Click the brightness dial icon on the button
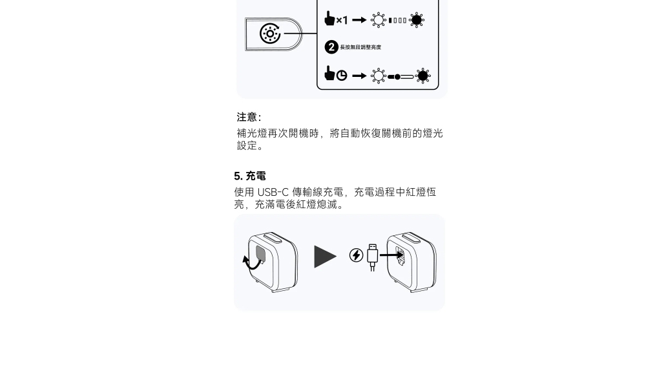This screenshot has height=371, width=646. coord(270,34)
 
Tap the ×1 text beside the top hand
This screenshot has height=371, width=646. coord(342,20)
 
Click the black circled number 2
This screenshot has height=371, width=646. coord(331,47)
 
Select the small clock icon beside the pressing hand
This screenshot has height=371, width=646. coord(342,76)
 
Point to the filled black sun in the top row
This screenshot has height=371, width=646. coord(417,20)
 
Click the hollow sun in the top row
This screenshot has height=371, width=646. coord(378,20)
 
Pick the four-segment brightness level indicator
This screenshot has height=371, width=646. coord(397,20)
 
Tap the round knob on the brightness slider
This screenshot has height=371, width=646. coord(397,77)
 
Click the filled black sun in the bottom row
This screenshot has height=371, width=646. coord(422,76)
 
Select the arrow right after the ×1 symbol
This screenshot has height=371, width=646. coord(359,20)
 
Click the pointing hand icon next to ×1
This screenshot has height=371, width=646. coord(329,18)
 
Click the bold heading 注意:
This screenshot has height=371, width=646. coord(249,117)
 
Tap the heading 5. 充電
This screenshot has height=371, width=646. coord(249,176)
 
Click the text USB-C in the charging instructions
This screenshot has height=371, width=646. coord(273,192)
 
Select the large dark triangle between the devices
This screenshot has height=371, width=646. coord(325,257)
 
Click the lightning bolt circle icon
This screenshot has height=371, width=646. coord(357,255)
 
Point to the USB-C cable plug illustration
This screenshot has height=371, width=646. coord(373,258)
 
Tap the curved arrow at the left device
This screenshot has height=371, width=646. coord(251,262)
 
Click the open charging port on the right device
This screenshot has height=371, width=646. coord(400,255)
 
